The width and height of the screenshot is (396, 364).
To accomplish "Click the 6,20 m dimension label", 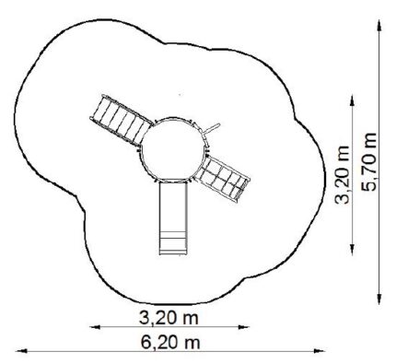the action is pyautogui.click(x=170, y=342).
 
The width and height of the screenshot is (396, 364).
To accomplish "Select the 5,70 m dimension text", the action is pyautogui.click(x=368, y=162).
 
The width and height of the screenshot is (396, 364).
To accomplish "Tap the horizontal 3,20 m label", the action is pyautogui.click(x=169, y=318).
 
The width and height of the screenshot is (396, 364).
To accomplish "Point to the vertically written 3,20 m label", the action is pyautogui.click(x=342, y=175).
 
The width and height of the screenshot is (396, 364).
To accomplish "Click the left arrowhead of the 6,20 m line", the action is pyautogui.click(x=20, y=351).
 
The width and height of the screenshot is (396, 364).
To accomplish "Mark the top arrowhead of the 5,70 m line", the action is pyautogui.click(x=379, y=25).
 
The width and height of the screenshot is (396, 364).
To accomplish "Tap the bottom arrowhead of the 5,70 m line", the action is pyautogui.click(x=379, y=299).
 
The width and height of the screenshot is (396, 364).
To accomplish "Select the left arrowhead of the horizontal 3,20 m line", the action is pyautogui.click(x=95, y=327).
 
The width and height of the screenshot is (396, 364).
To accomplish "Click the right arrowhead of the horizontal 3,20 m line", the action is pyautogui.click(x=244, y=327).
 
